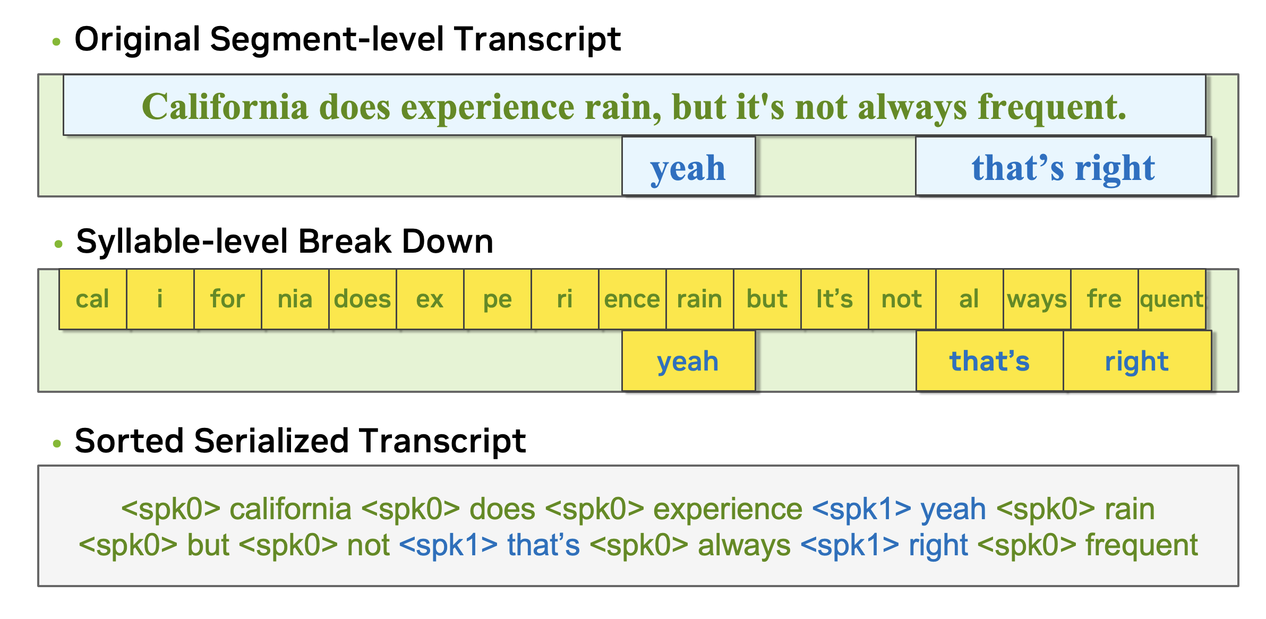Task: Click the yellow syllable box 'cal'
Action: pyautogui.click(x=93, y=299)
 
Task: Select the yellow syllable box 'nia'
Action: pyautogui.click(x=295, y=299)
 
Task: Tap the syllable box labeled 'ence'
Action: pyautogui.click(x=632, y=299)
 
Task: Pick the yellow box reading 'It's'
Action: pyautogui.click(x=835, y=299)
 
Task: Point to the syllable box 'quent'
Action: pyautogui.click(x=1172, y=299)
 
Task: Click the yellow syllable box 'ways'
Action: pyautogui.click(x=1037, y=299)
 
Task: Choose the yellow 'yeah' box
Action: pyautogui.click(x=688, y=361)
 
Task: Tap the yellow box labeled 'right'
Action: pyautogui.click(x=1137, y=361)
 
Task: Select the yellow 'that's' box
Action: pyautogui.click(x=990, y=361)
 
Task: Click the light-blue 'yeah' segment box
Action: pyautogui.click(x=688, y=166)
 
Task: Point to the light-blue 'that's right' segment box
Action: pyautogui.click(x=1063, y=166)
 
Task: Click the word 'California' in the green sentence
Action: pyautogui.click(x=225, y=107)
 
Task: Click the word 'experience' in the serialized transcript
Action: pyautogui.click(x=728, y=509)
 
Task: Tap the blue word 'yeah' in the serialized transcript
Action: pyautogui.click(x=953, y=510)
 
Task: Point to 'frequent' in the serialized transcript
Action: pyautogui.click(x=1142, y=546)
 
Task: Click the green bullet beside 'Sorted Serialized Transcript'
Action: pyautogui.click(x=57, y=443)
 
